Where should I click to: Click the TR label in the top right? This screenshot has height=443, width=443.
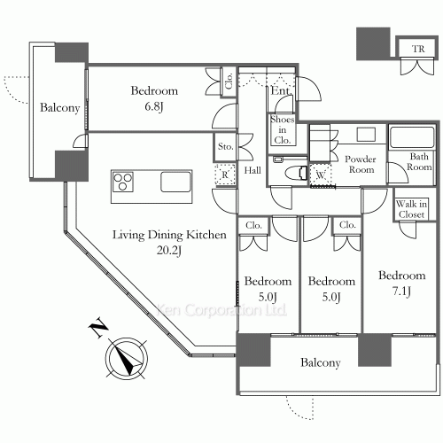click(x=418, y=49)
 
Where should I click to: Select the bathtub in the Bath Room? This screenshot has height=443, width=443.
click(x=412, y=137)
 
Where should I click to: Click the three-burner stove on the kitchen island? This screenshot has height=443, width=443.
click(x=123, y=182)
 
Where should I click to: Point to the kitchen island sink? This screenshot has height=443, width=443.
click(x=175, y=182)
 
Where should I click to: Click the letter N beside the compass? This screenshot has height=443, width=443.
click(x=98, y=328)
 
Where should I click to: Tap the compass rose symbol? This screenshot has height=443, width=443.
click(x=127, y=358)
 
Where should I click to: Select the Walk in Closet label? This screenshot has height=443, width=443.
click(x=411, y=209)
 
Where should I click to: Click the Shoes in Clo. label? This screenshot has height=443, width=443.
click(x=283, y=129)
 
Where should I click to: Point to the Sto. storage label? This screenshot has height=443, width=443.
click(x=225, y=146)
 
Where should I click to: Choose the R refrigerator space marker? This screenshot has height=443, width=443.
click(x=225, y=175)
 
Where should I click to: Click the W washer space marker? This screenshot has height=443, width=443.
click(x=320, y=175)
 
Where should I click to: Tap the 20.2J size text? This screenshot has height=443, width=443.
click(x=168, y=251)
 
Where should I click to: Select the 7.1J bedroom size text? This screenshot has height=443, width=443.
click(x=401, y=291)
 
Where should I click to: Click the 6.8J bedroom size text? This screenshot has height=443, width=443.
click(x=154, y=106)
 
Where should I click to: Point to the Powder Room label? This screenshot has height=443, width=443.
click(x=361, y=164)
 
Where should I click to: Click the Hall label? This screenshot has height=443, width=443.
click(x=253, y=170)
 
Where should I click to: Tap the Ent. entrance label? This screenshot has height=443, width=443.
click(x=282, y=90)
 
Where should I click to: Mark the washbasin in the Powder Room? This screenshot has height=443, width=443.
click(x=366, y=135)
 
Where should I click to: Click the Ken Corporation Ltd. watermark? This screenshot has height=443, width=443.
click(x=221, y=310)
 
